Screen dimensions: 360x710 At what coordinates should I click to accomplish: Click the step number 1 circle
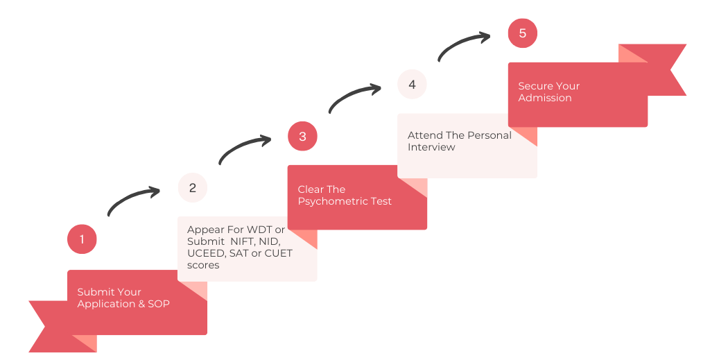[x=82, y=239]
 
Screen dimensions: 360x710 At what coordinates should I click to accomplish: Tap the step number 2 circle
[x=192, y=187]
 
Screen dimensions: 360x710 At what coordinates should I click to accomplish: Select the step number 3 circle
[x=302, y=136]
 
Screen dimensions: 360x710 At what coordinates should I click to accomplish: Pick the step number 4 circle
[x=412, y=85]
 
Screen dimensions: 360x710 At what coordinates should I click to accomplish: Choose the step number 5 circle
[x=522, y=33]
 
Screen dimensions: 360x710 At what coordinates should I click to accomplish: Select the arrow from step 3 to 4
[x=354, y=96]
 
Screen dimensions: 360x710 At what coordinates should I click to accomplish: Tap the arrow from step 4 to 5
[x=464, y=45]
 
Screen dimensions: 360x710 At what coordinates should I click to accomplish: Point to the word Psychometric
[x=345, y=201]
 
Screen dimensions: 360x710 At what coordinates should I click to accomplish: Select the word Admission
[x=545, y=98]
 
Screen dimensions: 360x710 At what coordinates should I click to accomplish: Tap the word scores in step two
[x=203, y=265]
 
